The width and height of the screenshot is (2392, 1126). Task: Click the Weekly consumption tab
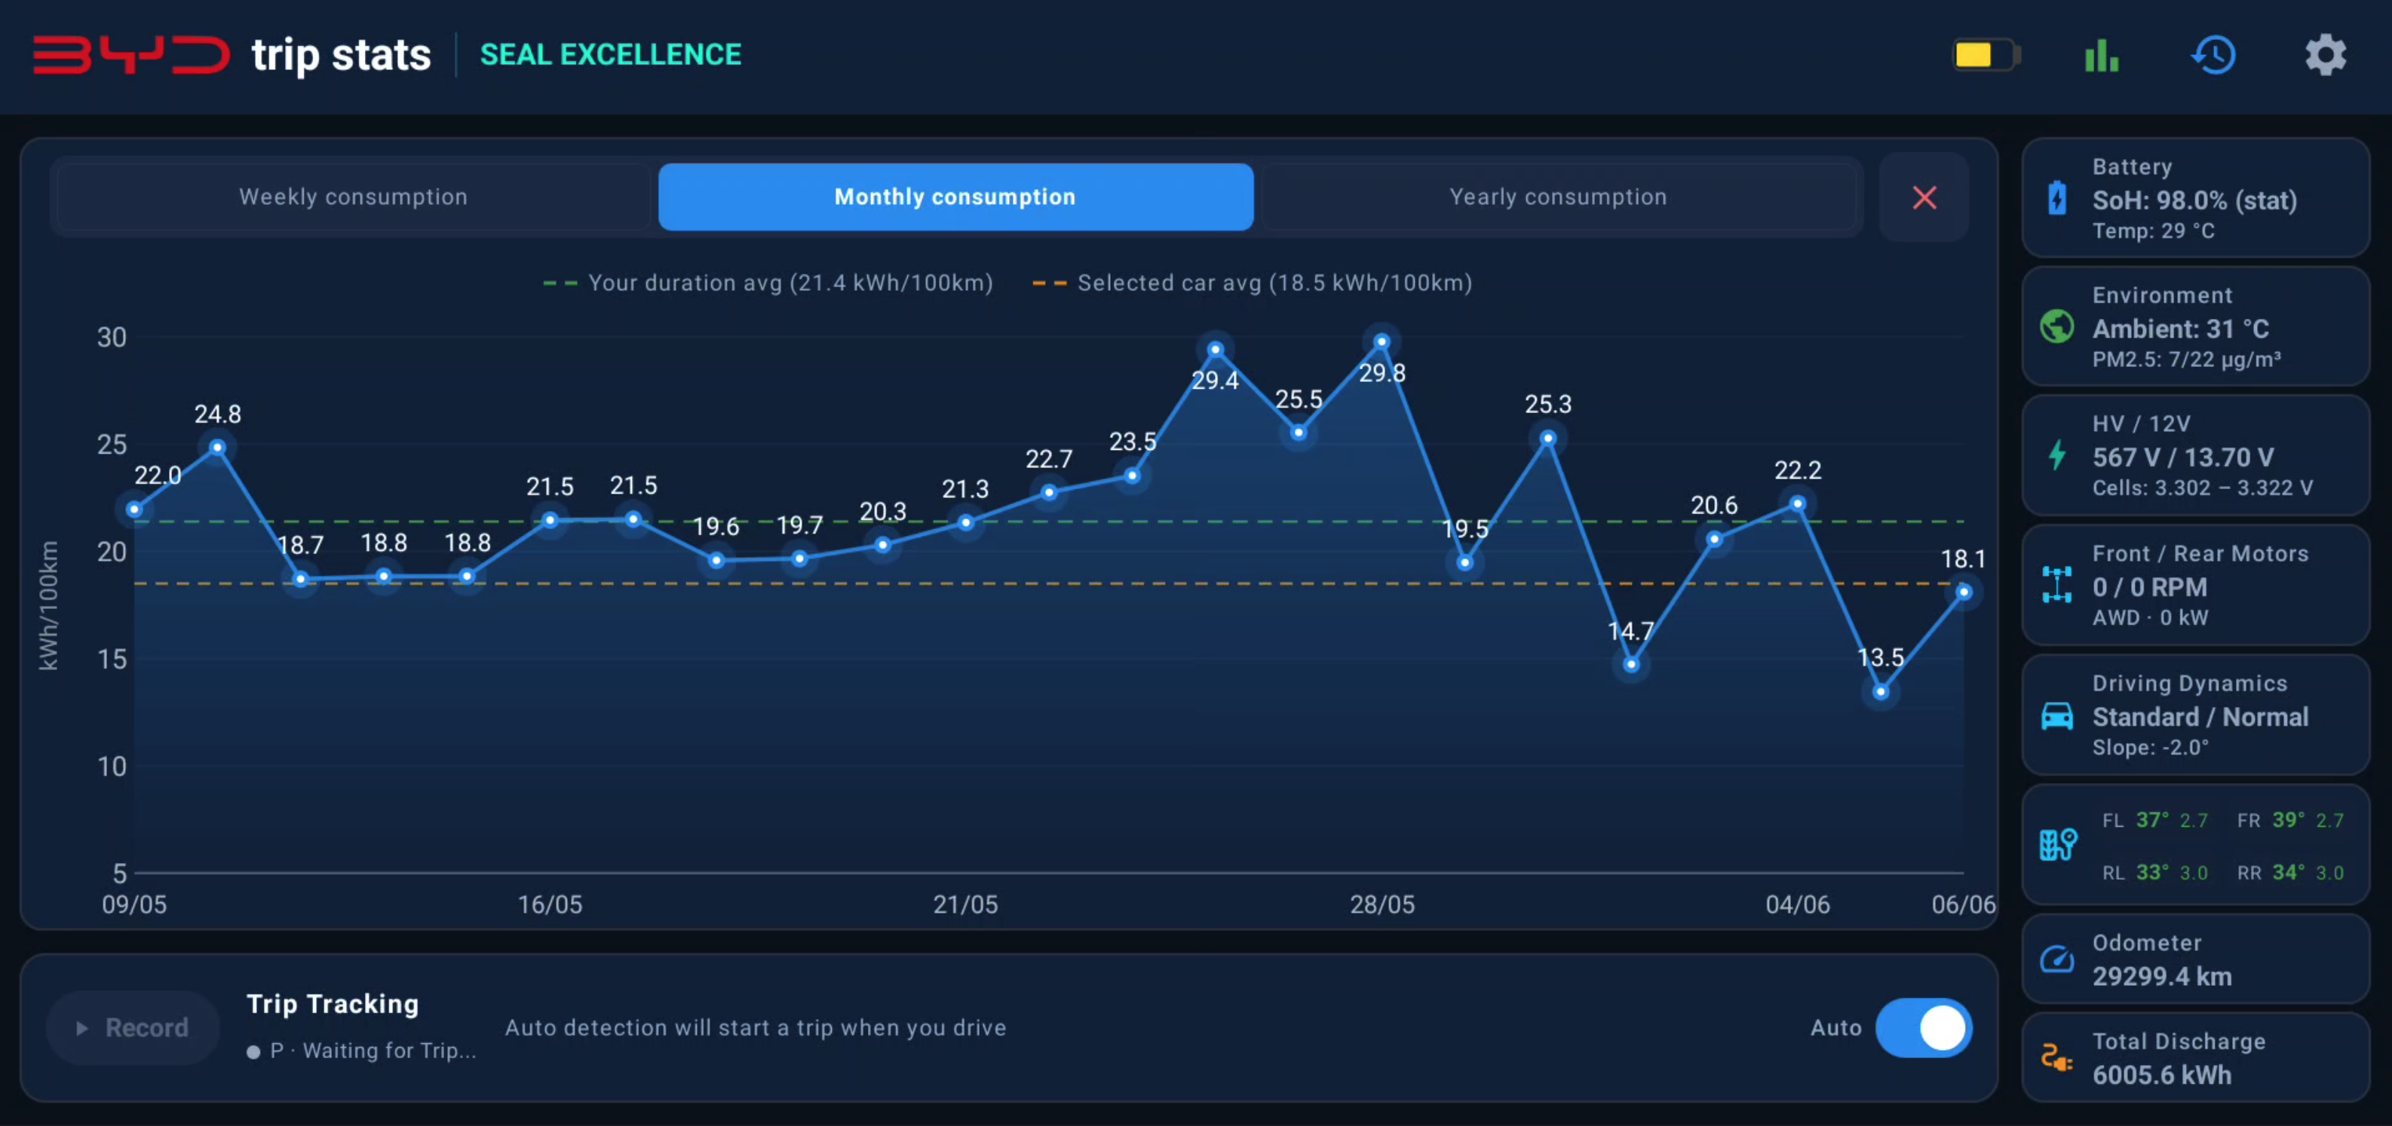point(353,197)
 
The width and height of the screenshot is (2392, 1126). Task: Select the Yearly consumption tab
point(1558,197)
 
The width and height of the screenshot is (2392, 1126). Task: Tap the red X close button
point(1924,197)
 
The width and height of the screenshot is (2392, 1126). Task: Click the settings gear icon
point(2325,55)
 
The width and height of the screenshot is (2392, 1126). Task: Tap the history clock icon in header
point(2214,55)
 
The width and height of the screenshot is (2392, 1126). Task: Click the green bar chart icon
point(2102,55)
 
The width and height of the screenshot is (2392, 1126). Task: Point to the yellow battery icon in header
point(1986,55)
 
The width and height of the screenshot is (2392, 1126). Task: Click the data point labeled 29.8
point(1382,341)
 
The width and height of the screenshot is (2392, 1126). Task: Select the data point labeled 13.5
point(1881,692)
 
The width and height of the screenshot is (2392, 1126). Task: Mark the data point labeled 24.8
point(217,448)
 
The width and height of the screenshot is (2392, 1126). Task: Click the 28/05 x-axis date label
point(1382,904)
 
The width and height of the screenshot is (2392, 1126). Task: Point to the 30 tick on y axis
point(112,337)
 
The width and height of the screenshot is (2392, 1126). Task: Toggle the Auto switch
point(1924,1027)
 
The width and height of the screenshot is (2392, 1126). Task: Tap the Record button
point(133,1027)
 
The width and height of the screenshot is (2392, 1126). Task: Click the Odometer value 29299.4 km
point(2162,977)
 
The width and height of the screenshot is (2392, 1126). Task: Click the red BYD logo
point(131,55)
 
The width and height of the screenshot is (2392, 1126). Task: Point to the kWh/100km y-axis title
point(48,605)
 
